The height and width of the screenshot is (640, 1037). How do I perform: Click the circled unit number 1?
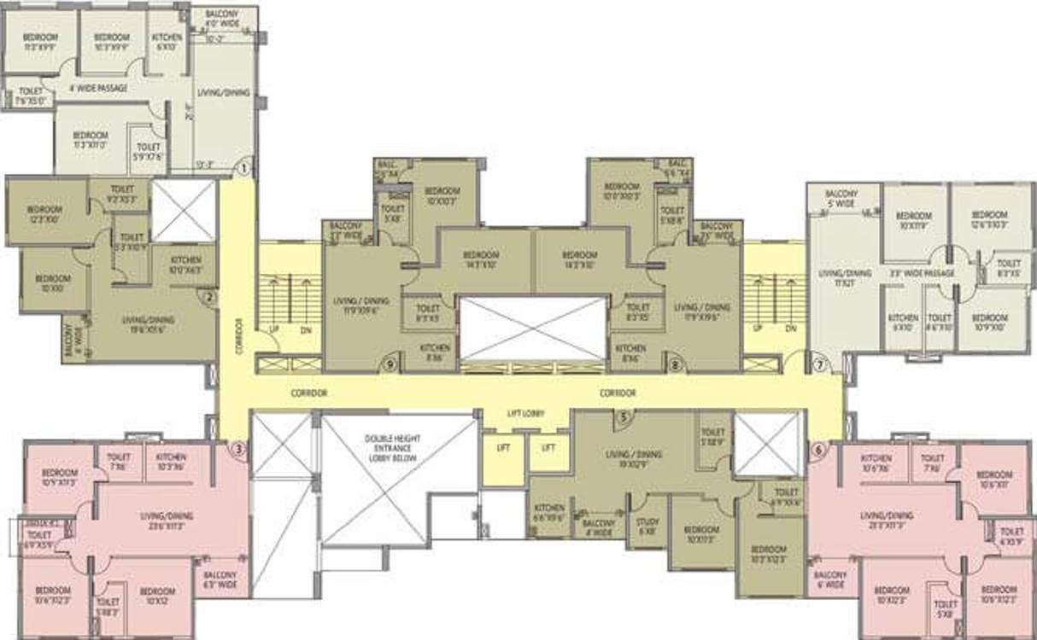click(243, 168)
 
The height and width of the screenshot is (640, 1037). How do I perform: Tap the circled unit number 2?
click(207, 297)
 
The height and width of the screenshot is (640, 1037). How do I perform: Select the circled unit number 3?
click(239, 450)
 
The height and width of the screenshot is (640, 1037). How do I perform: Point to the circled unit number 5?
click(624, 416)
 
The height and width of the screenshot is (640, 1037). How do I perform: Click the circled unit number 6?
click(818, 450)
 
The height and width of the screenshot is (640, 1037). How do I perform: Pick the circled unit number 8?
click(676, 364)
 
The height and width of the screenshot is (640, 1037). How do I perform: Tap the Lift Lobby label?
click(525, 414)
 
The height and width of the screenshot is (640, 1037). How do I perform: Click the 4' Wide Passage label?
click(97, 88)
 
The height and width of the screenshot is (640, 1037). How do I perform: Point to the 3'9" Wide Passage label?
click(921, 273)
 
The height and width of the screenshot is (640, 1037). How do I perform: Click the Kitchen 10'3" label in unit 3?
click(172, 462)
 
